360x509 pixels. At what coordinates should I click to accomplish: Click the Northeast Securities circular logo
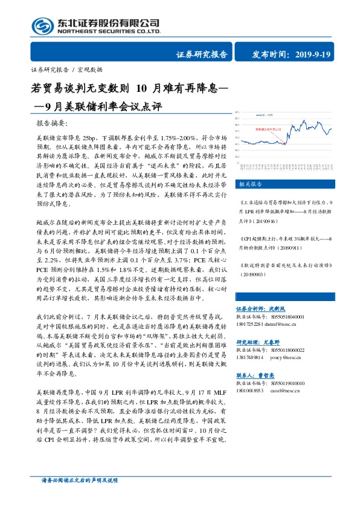point(42,25)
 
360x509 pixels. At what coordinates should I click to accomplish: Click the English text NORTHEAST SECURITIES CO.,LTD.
point(109,31)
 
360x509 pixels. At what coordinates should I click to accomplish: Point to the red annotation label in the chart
point(268,129)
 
